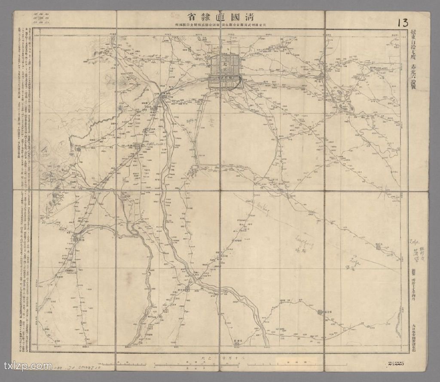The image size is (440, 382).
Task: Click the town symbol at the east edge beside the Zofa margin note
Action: [379, 247]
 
